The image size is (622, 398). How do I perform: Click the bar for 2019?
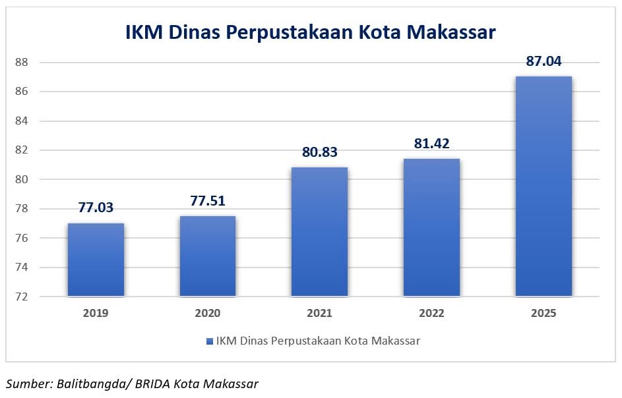[96, 260]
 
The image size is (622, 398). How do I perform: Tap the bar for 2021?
[319, 231]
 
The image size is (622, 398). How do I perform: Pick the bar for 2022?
[431, 227]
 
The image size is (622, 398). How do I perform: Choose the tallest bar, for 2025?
[544, 186]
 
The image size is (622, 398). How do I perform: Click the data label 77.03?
[96, 208]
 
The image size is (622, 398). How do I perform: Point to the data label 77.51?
[208, 201]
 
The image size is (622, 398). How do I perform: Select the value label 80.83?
[319, 152]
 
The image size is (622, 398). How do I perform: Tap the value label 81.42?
[431, 144]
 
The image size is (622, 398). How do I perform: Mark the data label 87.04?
[544, 61]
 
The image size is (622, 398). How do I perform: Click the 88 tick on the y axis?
[20, 62]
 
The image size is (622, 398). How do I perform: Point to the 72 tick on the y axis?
[20, 297]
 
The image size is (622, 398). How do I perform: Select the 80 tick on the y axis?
[20, 179]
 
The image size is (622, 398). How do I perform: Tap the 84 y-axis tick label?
[20, 121]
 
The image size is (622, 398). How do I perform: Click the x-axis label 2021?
[319, 314]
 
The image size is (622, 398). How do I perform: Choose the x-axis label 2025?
[544, 314]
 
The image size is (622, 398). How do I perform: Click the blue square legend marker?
[210, 341]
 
